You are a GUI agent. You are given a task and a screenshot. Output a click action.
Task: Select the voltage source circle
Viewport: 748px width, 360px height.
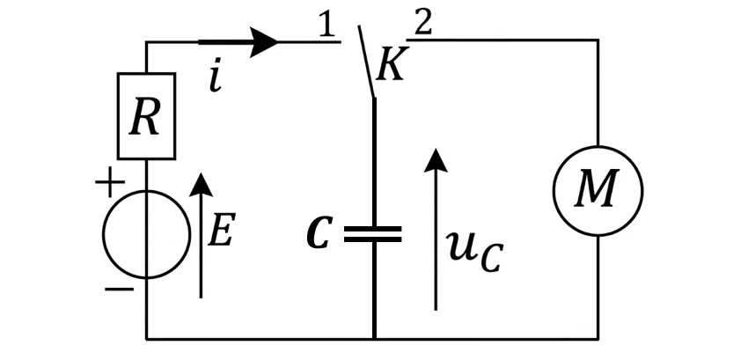point(103,234)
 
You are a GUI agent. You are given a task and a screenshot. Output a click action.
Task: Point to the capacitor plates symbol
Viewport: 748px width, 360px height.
point(373,234)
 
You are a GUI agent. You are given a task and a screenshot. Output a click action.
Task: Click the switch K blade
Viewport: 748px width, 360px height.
point(366,62)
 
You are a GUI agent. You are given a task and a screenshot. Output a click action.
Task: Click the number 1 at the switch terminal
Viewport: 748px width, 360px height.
point(326,26)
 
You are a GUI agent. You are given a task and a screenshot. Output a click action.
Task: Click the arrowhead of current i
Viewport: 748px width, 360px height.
point(264,42)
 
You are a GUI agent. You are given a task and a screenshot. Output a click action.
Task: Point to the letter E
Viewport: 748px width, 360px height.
point(222,232)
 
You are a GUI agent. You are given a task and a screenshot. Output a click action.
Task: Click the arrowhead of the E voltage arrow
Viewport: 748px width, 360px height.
point(201,184)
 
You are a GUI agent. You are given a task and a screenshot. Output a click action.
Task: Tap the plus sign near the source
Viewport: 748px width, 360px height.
point(110,182)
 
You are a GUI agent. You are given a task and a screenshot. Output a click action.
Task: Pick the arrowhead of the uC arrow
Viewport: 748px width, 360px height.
point(436,160)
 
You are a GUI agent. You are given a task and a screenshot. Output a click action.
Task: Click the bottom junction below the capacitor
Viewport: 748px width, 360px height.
point(374,339)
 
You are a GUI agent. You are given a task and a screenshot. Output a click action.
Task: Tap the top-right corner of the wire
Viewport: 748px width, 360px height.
point(598,40)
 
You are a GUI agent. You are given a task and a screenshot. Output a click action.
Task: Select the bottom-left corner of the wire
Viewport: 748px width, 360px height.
point(146,339)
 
